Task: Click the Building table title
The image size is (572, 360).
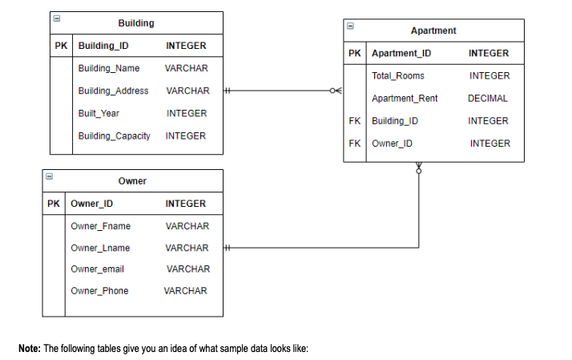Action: (x=136, y=23)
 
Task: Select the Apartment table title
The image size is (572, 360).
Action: (x=433, y=30)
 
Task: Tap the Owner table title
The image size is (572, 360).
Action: (x=132, y=181)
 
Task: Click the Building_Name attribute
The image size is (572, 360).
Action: (x=109, y=68)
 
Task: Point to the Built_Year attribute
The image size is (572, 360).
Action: (x=98, y=113)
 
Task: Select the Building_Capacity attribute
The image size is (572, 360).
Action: (x=115, y=136)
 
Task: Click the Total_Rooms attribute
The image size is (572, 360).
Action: (x=398, y=75)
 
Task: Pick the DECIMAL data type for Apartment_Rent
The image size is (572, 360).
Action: (x=488, y=99)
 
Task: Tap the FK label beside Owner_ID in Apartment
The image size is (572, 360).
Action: (x=355, y=144)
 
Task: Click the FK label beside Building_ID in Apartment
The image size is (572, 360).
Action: (x=355, y=121)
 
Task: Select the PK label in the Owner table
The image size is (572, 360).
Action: (x=54, y=204)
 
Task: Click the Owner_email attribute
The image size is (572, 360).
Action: (x=98, y=269)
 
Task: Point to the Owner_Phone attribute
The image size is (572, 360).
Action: (x=99, y=291)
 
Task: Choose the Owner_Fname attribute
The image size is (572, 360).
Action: (x=101, y=226)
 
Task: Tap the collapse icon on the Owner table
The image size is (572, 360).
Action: (x=48, y=175)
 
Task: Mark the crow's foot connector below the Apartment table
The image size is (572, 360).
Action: (x=418, y=168)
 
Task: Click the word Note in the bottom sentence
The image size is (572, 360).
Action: (x=29, y=349)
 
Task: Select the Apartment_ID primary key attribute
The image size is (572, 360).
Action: (x=401, y=53)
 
